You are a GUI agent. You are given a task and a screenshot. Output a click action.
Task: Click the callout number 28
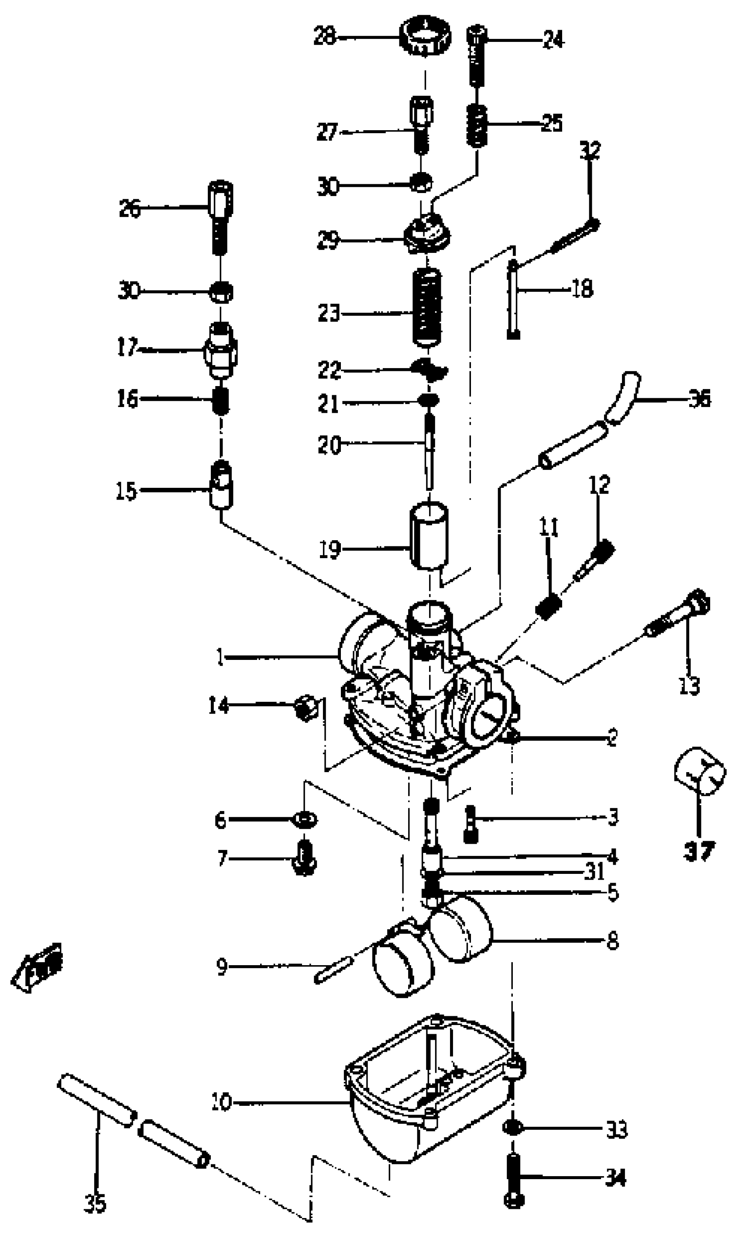pos(325,37)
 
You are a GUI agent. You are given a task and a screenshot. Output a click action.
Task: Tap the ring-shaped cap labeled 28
pos(426,36)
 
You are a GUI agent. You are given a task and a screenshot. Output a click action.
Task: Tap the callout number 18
pos(582,289)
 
